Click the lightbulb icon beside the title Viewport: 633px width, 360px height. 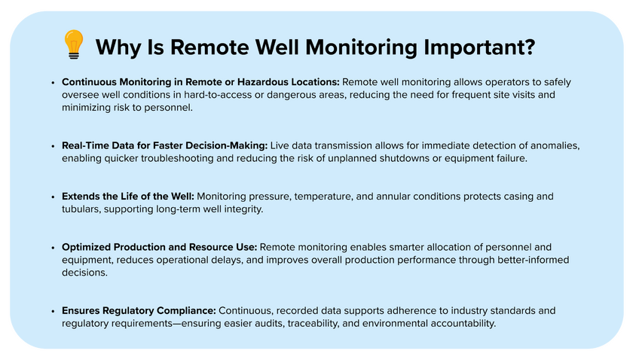click(x=74, y=44)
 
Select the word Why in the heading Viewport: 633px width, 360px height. click(x=118, y=47)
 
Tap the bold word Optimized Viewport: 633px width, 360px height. click(x=86, y=247)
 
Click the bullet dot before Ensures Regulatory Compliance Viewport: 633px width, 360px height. click(x=53, y=311)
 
